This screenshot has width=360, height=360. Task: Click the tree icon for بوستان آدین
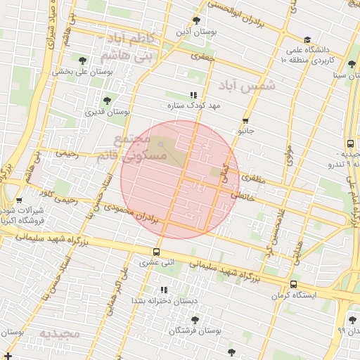pos(196,20)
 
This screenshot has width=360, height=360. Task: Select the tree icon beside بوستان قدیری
pos(107,101)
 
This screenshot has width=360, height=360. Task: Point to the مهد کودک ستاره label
pos(193,106)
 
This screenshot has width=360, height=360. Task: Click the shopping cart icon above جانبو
pos(245,120)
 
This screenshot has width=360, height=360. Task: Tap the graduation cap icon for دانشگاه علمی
pos(307,40)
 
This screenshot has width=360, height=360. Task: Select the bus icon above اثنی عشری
pos(156,252)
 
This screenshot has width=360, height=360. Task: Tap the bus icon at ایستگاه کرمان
pos(292,284)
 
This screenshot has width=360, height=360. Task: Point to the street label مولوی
pos(289,152)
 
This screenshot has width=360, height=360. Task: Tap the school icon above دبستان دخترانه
pos(165,290)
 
